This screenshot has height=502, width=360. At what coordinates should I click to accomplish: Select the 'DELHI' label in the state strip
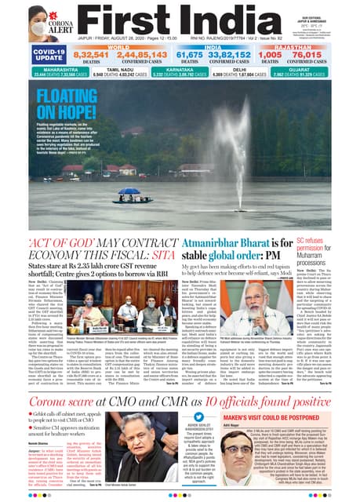pos(266,69)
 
